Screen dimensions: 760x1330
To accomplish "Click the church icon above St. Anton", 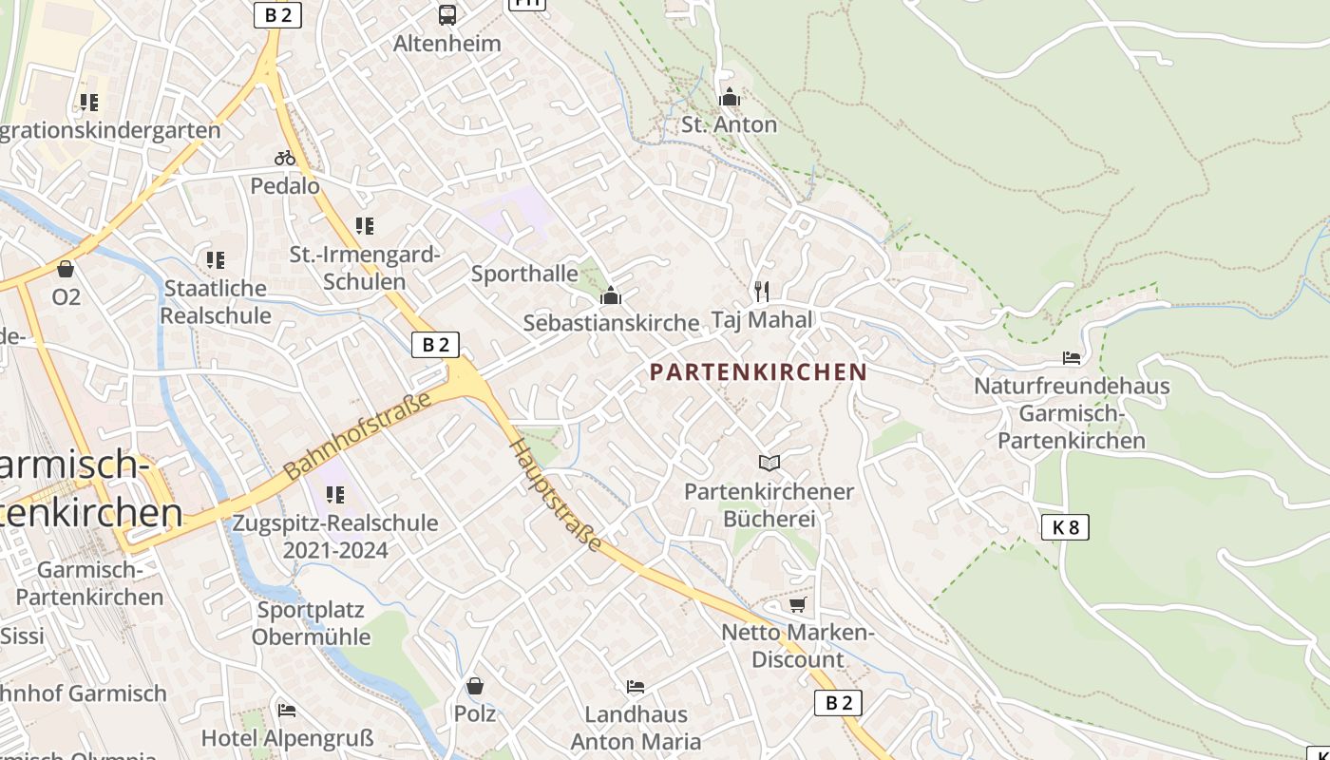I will point(730,97).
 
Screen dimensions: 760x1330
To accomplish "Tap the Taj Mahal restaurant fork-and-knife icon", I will point(761,291).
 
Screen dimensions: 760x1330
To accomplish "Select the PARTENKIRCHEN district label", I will point(759,371).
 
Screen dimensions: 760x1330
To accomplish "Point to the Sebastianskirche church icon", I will point(611,296).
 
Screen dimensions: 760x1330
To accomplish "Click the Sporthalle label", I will point(524,274).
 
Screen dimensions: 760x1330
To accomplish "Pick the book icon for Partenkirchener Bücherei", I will point(769,463).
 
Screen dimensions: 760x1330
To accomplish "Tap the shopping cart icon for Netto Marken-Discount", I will point(798,604).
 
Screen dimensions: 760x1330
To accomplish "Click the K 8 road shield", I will point(1065,527).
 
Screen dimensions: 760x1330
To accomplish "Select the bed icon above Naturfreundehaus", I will point(1072,358).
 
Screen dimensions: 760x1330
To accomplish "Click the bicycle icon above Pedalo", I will point(285,158).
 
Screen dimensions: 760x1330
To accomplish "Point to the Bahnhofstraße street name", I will point(358,433).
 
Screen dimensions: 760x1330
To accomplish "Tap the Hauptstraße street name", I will point(556,494).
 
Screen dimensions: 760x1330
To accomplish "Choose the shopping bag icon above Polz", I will point(475,685).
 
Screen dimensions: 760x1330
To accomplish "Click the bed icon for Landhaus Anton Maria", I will point(636,686).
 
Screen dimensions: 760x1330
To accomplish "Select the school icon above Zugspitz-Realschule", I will point(335,495).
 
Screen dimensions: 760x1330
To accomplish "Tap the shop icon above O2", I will point(66,269).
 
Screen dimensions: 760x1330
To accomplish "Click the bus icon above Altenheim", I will point(446,14).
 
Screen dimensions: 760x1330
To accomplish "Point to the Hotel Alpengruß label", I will point(287,738).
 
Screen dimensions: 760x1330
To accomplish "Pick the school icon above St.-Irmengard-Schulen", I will point(365,226).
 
